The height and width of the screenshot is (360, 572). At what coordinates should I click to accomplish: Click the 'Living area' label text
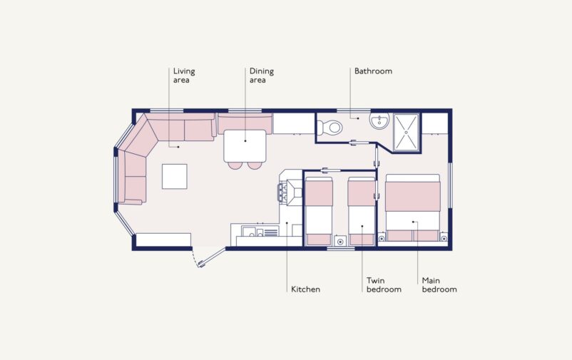(x=183, y=76)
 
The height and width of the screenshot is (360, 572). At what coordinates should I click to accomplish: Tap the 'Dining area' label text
(x=261, y=76)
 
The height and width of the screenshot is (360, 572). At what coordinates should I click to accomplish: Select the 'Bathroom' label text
(x=373, y=71)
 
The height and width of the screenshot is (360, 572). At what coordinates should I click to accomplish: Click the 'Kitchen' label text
(x=305, y=289)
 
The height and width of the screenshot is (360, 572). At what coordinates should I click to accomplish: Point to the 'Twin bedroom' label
(x=383, y=285)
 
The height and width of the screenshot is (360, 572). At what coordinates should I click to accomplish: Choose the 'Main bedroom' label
(x=439, y=285)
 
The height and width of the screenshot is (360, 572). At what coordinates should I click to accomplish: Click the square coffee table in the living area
(x=174, y=176)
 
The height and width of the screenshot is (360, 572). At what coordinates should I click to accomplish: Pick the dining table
(x=245, y=145)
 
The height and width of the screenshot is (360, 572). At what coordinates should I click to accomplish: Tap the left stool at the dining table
(x=235, y=166)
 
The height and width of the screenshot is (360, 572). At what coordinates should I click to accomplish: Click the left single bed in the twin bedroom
(x=319, y=211)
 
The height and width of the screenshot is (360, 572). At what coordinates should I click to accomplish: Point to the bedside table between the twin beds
(x=340, y=240)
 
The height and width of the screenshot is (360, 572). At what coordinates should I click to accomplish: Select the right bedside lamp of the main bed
(x=444, y=237)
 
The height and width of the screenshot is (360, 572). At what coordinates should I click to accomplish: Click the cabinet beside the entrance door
(x=163, y=240)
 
